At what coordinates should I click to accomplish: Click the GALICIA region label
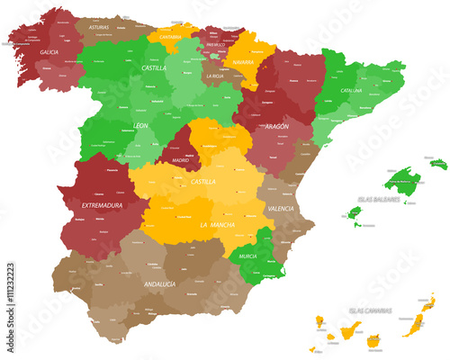click(49, 52)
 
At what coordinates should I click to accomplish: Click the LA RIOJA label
click(214, 76)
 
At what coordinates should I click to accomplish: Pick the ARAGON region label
click(277, 127)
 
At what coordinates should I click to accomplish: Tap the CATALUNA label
click(351, 91)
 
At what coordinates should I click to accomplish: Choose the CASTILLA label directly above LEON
click(153, 67)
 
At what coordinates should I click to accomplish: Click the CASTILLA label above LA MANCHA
click(203, 182)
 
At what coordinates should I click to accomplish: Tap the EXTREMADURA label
click(102, 205)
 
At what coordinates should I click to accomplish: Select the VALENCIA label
click(280, 209)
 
